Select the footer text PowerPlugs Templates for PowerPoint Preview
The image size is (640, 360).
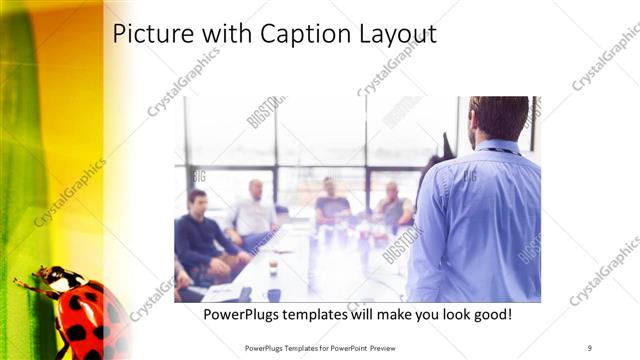coord(329,347)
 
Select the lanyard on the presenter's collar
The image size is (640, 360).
coord(500,151)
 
